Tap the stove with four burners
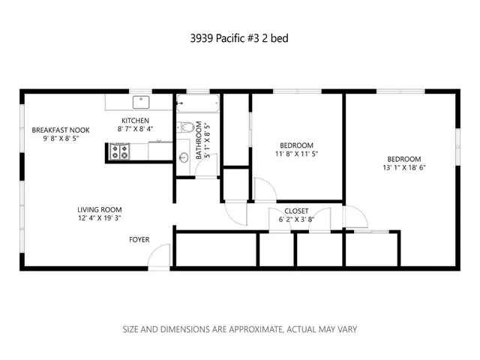coord(120,152)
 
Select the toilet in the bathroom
coord(187,127)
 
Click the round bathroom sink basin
coord(184,157)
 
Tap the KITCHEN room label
coord(136,121)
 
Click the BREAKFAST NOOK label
coord(55,130)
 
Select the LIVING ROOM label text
coord(99,210)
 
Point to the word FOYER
coord(139,240)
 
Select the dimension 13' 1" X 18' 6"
coord(403,168)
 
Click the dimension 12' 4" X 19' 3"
coord(99,219)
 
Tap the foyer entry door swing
coord(159,259)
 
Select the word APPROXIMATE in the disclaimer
coord(247,329)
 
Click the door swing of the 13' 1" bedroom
coord(355,217)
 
